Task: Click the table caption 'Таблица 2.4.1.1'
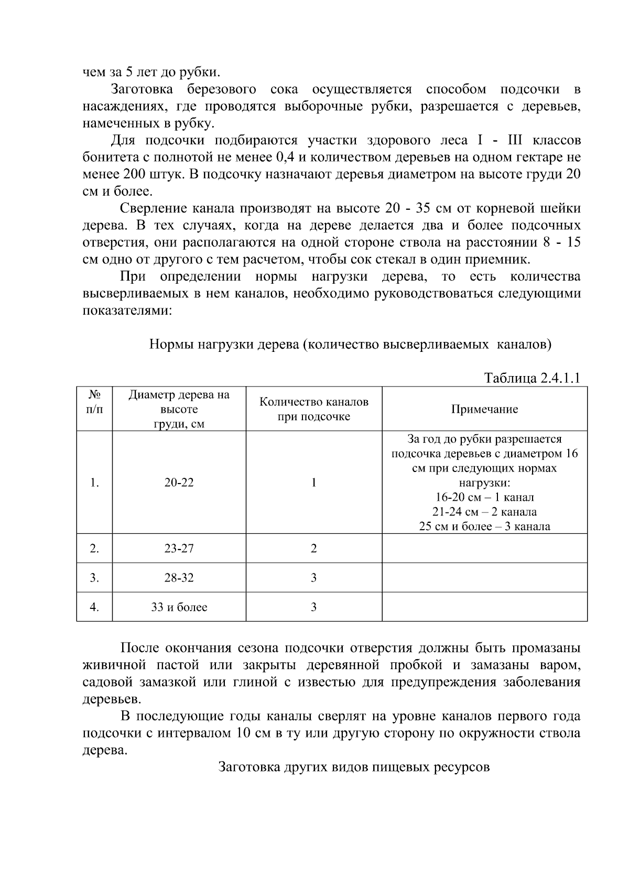[x=532, y=378]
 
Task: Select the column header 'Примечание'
[x=484, y=410]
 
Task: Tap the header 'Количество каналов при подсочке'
[x=313, y=410]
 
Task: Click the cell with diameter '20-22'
[x=179, y=482]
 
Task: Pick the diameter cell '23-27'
[x=179, y=549]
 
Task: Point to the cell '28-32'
[x=179, y=578]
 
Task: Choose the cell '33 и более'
[x=179, y=607]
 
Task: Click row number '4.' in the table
[x=94, y=607]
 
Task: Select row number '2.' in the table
[x=94, y=549]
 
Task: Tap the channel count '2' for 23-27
[x=313, y=549]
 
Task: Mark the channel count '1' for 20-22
[x=313, y=482]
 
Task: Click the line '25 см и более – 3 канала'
[x=484, y=527]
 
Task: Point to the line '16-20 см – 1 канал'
[x=484, y=497]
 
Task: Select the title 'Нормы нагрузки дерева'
[x=350, y=345]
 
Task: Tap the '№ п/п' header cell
[x=94, y=402]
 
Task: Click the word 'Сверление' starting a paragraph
[x=151, y=208]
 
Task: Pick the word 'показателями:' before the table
[x=127, y=310]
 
